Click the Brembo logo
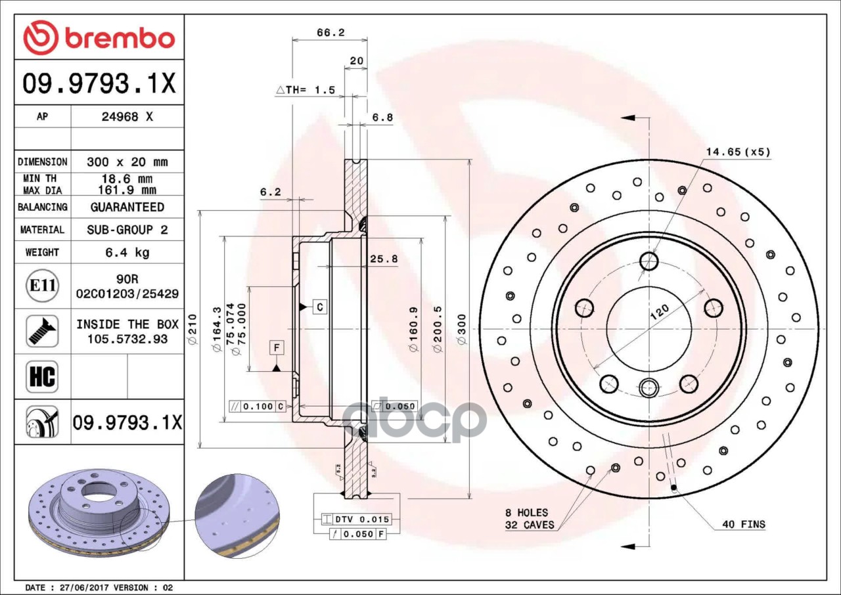99,37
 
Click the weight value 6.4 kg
127,252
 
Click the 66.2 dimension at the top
330,32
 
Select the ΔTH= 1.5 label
306,89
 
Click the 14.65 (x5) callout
738,152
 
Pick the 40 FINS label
743,524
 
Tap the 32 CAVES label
530,525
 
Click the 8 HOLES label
526,512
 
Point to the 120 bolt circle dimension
659,311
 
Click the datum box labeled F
277,347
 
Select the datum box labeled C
319,306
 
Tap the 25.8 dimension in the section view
383,259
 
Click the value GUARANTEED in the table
127,207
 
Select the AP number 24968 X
127,117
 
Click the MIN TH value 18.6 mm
127,179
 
